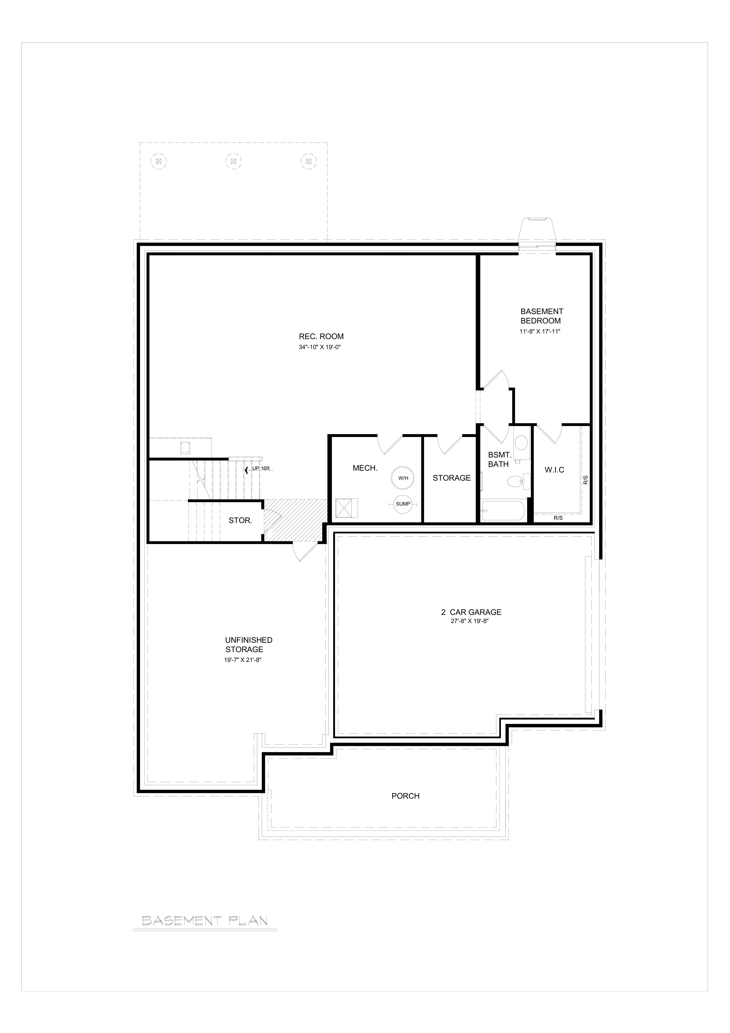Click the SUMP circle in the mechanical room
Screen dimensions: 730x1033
(x=403, y=504)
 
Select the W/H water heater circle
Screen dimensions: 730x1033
(x=403, y=478)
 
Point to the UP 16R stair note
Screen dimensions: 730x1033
(x=261, y=468)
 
